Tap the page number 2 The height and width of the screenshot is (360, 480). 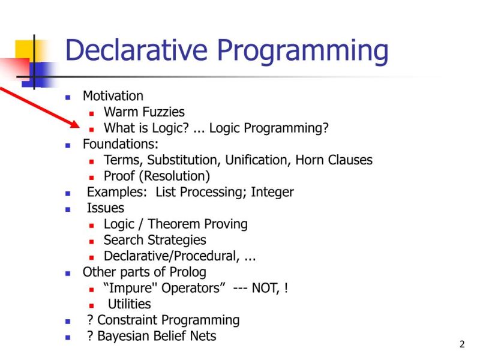coord(462,344)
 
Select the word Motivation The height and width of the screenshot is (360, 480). coord(113,96)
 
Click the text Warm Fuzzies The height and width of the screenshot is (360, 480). coord(144,112)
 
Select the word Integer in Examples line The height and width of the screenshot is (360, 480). coord(272,192)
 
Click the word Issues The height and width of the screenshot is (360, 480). coord(106,208)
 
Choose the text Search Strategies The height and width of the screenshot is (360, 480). coord(155,240)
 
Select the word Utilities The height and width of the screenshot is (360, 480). coord(129,304)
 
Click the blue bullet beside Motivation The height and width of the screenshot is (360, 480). coord(68,97)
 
